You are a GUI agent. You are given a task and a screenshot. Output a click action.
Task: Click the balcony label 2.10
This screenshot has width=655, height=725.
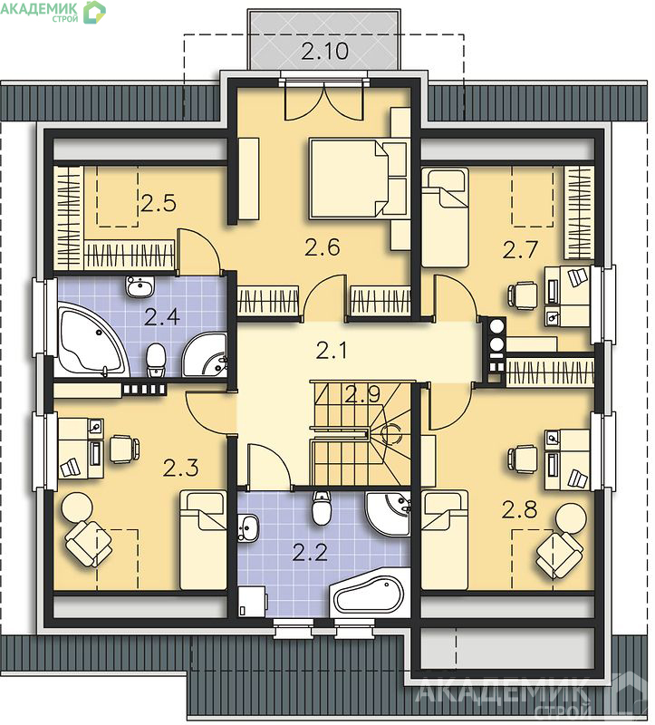tap(325, 51)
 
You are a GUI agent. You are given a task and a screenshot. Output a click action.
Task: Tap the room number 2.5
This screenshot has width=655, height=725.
tap(159, 203)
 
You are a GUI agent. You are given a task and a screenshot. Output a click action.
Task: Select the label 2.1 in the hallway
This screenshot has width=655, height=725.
tap(332, 350)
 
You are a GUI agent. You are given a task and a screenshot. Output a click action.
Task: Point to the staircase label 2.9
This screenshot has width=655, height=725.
tap(363, 394)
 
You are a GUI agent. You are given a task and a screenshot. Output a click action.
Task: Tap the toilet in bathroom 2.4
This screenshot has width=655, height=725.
tap(156, 360)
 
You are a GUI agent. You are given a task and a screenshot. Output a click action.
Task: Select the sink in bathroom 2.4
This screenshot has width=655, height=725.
tap(140, 287)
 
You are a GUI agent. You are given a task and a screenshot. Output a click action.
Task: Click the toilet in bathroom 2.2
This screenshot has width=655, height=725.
tap(322, 508)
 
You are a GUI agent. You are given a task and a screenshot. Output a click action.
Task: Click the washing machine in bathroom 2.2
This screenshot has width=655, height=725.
tap(253, 602)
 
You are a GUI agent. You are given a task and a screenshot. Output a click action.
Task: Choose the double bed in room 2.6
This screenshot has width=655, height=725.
tap(358, 179)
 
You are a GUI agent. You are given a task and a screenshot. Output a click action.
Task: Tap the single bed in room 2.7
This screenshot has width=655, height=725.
tap(445, 217)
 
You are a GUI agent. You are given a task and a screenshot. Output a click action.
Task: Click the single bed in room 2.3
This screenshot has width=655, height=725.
tap(203, 540)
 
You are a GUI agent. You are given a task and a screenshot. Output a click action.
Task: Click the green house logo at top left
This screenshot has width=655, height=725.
tap(94, 13)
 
